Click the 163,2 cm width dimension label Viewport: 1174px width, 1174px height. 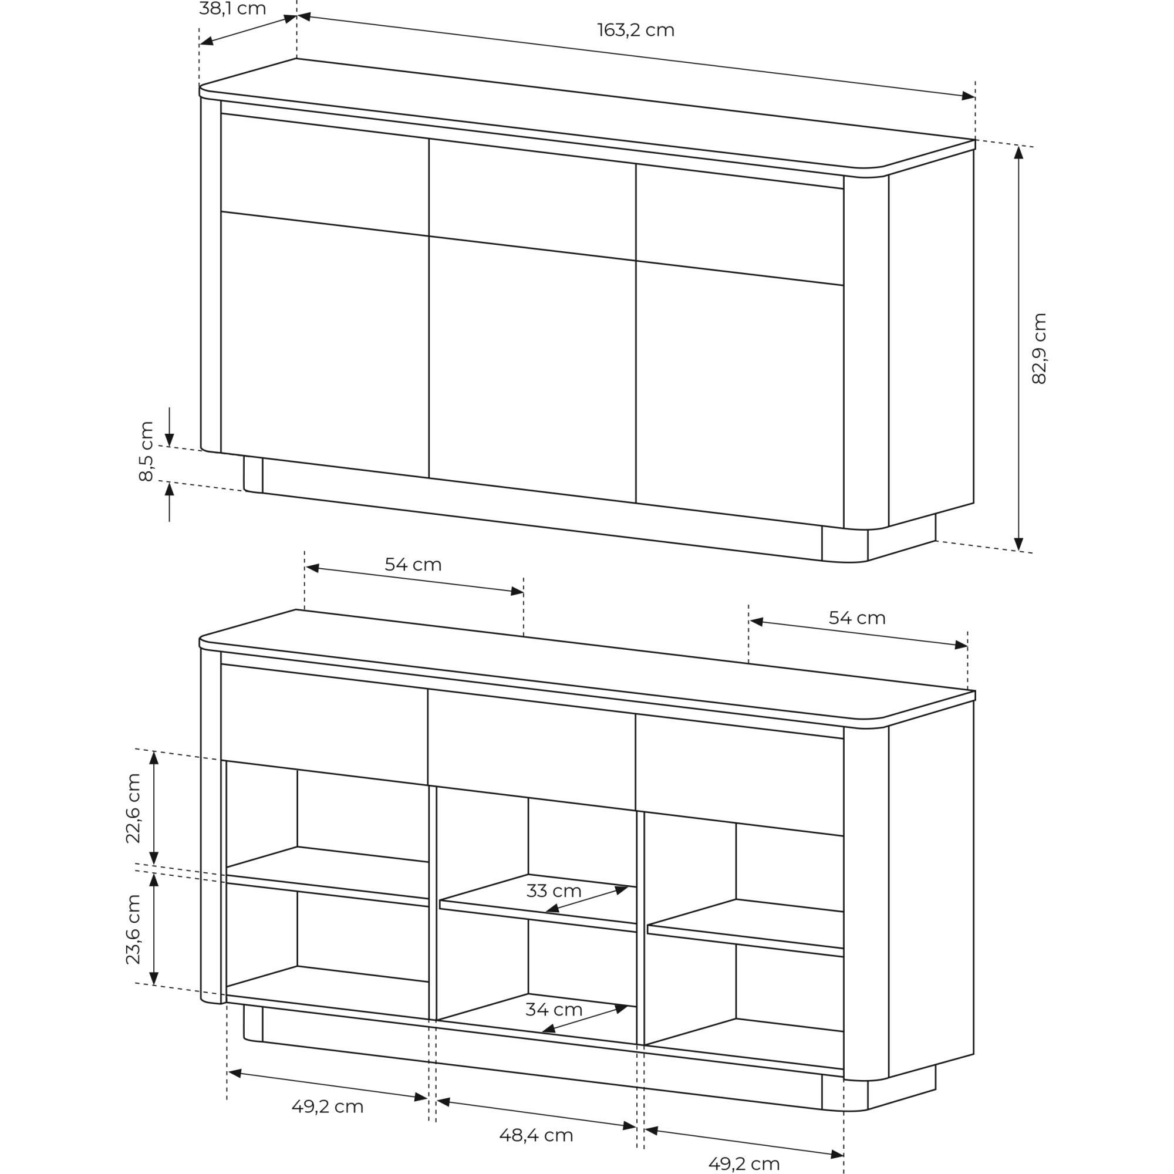pos(636,30)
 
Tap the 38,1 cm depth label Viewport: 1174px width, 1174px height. pos(232,8)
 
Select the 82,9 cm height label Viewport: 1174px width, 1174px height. pos(1039,348)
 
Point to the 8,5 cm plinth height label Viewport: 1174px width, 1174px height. pos(146,451)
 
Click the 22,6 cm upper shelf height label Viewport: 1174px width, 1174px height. pos(133,808)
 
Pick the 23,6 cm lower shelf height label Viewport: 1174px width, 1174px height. pos(133,929)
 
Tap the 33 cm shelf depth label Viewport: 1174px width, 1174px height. pos(554,891)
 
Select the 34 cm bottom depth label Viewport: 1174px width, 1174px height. pos(554,1009)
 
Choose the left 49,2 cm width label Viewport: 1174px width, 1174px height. pos(328,1106)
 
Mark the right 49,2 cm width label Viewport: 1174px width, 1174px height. pos(744,1163)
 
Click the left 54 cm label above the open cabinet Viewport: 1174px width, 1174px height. pos(413,565)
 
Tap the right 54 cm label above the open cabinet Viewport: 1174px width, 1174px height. pos(857,618)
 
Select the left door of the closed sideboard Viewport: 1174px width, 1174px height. pos(325,345)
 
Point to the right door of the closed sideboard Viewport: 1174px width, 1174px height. pos(740,394)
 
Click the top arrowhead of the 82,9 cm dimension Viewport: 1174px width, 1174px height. pos(1019,153)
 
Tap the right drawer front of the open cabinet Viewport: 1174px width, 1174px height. pos(740,775)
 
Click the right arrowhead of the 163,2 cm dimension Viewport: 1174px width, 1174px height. pos(968,96)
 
